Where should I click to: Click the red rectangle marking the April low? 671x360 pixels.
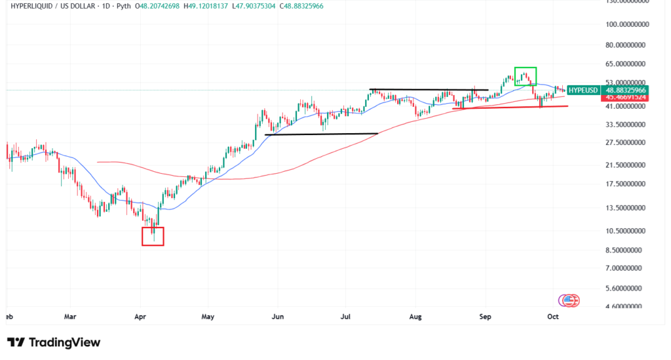click(153, 236)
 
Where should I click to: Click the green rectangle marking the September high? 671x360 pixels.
click(526, 76)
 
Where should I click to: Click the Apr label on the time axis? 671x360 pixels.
click(140, 316)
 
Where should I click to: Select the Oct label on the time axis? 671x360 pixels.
click(554, 316)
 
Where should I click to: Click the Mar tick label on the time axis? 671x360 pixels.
click(71, 316)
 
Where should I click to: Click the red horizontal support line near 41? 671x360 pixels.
click(511, 107)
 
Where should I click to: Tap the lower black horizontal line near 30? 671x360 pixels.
click(321, 134)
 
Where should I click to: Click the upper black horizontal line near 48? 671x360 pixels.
click(429, 89)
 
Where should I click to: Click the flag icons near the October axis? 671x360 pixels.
click(569, 300)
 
